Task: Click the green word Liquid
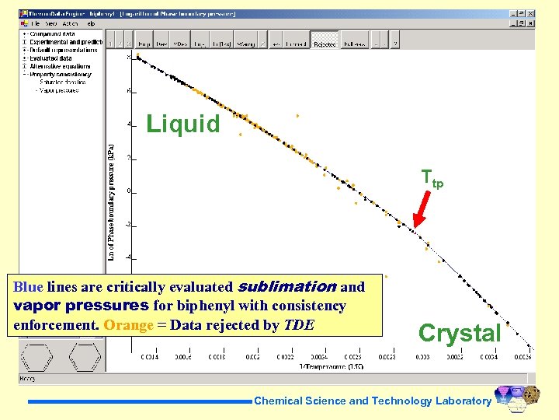point(183,124)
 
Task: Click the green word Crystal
point(460,333)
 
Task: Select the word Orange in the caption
point(128,324)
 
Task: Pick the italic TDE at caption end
point(299,324)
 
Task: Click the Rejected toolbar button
point(325,44)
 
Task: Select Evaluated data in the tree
point(50,58)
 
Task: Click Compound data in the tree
point(52,34)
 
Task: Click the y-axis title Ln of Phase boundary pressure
point(111,201)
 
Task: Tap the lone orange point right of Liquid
point(298,116)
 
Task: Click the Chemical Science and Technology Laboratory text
point(373,401)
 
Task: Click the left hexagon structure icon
point(37,357)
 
